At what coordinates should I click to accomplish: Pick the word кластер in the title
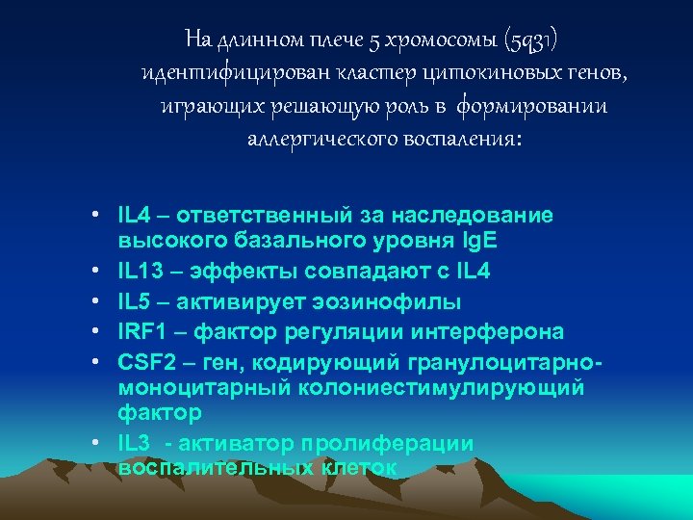pyautogui.click(x=345, y=74)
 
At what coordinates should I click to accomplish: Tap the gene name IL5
pyautogui.click(x=135, y=301)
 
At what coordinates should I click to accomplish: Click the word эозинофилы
pyautogui.click(x=386, y=301)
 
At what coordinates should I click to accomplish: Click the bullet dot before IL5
pyautogui.click(x=99, y=301)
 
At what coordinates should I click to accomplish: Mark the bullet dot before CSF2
pyautogui.click(x=99, y=361)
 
